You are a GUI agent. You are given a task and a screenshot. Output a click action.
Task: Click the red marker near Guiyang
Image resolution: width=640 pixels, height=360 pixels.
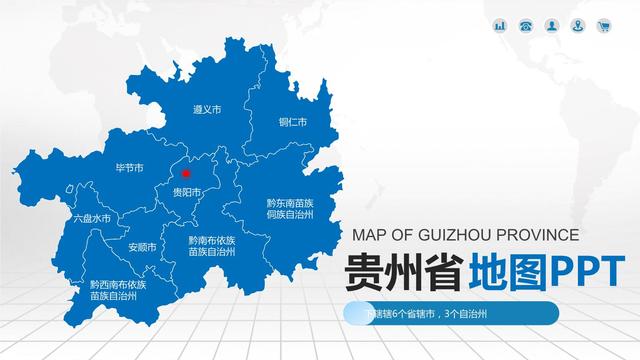[186, 172]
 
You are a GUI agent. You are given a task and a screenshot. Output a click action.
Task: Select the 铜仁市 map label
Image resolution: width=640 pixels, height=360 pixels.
[293, 123]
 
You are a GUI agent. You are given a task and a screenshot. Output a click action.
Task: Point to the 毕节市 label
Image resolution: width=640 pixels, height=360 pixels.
[130, 168]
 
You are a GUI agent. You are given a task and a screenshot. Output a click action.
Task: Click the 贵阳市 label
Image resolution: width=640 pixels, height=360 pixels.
[187, 192]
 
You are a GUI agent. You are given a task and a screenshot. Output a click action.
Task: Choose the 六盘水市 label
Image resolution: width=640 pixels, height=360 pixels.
[92, 218]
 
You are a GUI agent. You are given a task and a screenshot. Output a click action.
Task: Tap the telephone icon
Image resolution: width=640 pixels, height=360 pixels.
[526, 25]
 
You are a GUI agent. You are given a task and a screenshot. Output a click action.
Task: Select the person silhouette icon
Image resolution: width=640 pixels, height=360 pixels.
[552, 25]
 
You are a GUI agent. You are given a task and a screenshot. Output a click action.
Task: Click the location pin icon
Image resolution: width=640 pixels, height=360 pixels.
[578, 25]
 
